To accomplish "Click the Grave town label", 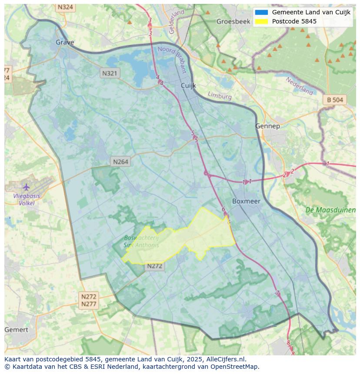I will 65,42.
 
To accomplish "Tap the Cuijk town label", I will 189,86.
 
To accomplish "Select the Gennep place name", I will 267,126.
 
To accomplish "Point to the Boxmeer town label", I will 246,201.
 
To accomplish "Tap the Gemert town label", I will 16,330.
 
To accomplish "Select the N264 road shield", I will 120,162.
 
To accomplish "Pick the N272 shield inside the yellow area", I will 154,266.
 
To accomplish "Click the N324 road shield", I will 65,7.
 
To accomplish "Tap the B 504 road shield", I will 335,100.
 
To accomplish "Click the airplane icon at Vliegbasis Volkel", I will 27,187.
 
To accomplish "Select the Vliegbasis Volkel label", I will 27,199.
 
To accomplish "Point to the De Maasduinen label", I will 330,210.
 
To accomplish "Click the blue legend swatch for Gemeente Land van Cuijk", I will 261,13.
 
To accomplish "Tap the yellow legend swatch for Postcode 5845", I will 261,21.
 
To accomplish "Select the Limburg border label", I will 220,96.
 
